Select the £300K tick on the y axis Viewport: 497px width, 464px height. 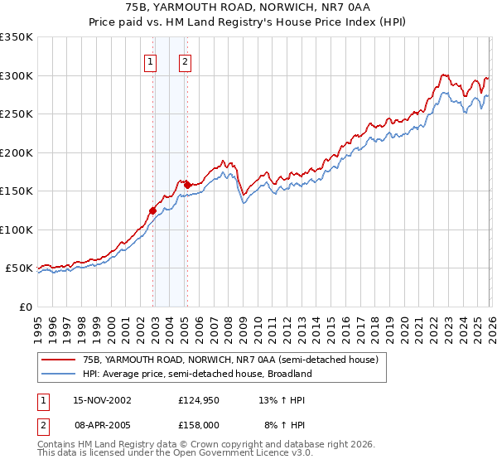[17, 75]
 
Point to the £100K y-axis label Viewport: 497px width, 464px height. [17, 230]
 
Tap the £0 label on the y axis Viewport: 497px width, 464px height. [24, 307]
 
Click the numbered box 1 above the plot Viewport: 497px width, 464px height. [151, 61]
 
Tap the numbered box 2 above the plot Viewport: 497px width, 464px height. [184, 61]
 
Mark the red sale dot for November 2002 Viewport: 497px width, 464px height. [153, 210]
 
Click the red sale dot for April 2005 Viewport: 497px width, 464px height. [188, 185]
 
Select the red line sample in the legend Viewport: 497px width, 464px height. [58, 360]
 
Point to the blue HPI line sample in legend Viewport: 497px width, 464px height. [58, 374]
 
